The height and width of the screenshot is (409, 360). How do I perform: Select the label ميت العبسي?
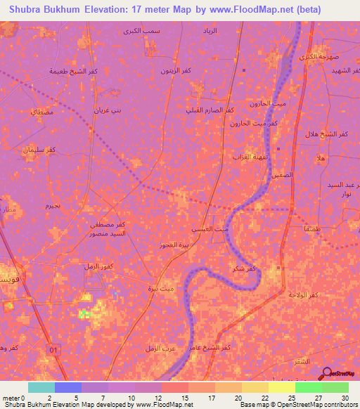click(211, 230)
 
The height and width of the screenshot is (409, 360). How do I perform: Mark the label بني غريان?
click(108, 111)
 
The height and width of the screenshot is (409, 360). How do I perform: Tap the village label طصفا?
click(309, 229)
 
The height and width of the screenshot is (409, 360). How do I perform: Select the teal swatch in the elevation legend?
click(41, 387)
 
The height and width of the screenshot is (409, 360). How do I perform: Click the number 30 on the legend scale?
click(345, 398)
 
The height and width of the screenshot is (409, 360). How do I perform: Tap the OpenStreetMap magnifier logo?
click(326, 372)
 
